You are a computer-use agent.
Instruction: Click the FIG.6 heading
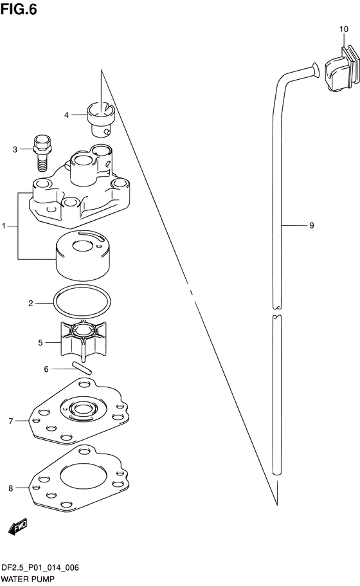[x=19, y=9]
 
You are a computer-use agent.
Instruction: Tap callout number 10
[x=343, y=29]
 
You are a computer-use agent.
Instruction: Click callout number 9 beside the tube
[x=312, y=225]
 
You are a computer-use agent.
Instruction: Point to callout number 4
[x=66, y=115]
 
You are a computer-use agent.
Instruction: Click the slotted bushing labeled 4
[x=102, y=119]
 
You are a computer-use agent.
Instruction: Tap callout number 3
[x=15, y=149]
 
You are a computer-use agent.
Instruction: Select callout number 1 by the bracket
[x=4, y=226]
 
